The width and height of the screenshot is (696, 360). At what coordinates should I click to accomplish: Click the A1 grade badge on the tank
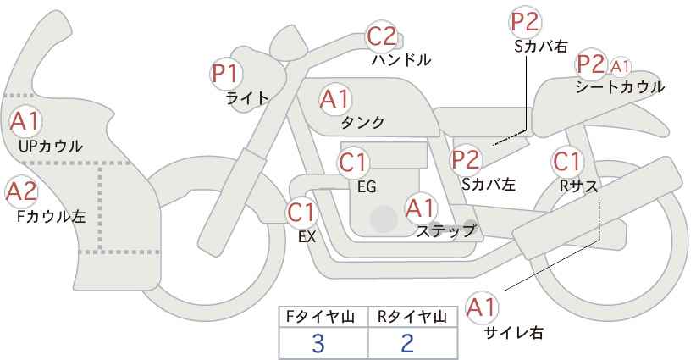[x=335, y=99]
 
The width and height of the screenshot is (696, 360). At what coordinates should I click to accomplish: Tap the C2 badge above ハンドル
[x=382, y=36]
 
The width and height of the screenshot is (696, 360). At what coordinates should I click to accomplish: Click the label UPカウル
[x=51, y=146]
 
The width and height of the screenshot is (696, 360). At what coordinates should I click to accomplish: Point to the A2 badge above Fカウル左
[x=21, y=192]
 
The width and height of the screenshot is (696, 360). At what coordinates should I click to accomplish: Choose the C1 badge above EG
[x=353, y=162]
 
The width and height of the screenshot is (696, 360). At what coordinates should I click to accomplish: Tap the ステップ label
[x=446, y=231]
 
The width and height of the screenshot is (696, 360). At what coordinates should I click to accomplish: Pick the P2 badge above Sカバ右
[x=525, y=22]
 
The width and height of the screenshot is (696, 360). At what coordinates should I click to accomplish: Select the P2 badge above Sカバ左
[x=466, y=160]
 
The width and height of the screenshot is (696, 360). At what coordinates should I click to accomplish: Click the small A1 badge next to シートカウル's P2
[x=620, y=67]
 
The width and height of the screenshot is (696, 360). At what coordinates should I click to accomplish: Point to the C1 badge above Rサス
[x=566, y=162]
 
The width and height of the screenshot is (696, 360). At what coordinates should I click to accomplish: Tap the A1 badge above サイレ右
[x=482, y=307]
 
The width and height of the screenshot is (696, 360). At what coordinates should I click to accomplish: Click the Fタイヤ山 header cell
[x=323, y=317]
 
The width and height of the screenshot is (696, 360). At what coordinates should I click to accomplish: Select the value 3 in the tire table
[x=318, y=343]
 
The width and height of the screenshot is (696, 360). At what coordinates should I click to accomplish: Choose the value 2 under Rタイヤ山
[x=406, y=343]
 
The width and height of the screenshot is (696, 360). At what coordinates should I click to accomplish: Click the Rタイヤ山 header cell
[x=413, y=317]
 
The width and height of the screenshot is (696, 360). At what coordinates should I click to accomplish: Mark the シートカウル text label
[x=620, y=87]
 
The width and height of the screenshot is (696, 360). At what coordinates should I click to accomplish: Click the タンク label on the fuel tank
[x=362, y=123]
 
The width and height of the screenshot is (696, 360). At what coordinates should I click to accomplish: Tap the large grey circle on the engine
[x=384, y=219]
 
